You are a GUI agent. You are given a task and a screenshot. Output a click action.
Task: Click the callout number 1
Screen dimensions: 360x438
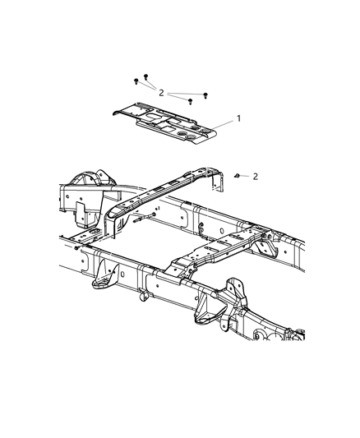coord(238,118)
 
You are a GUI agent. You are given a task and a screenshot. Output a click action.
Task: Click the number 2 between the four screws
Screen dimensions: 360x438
coord(161,93)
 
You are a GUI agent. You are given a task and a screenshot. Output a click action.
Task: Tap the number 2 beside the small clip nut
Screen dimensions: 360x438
coord(256,177)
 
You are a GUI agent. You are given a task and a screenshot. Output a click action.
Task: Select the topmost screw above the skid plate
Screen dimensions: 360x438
coord(145,76)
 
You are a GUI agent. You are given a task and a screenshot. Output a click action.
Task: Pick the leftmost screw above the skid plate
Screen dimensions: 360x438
coord(136,81)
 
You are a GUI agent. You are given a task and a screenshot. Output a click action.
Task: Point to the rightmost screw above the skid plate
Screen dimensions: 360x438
coord(205,96)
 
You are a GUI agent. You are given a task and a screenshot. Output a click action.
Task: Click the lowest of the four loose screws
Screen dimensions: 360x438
coord(190,101)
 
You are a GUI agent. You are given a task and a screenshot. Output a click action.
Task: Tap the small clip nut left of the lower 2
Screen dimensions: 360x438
coord(237,176)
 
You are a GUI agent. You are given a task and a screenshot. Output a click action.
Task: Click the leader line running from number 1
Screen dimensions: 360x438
coord(224,125)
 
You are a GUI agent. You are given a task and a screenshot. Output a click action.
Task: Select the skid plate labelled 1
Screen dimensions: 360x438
coord(164,123)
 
